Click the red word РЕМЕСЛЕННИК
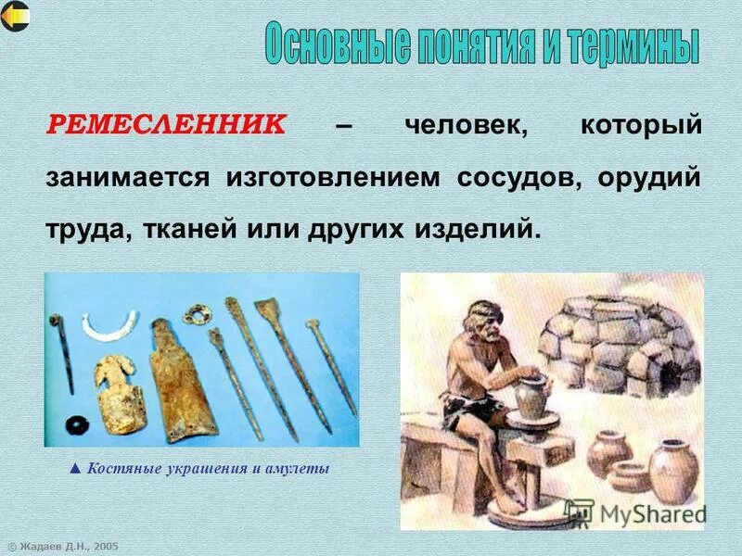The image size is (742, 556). pyautogui.click(x=167, y=127)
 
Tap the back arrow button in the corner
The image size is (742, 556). pyautogui.click(x=16, y=16)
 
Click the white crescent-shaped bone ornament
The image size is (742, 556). pyautogui.click(x=109, y=323)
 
